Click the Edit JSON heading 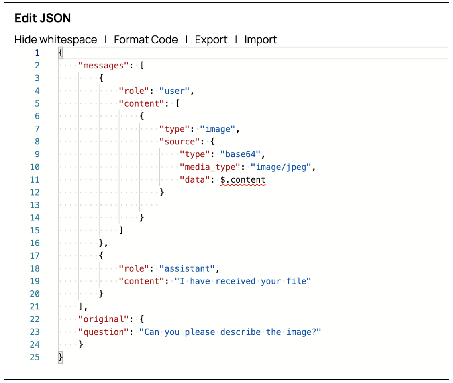[x=43, y=19]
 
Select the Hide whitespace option [x=56, y=40]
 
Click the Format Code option [x=146, y=40]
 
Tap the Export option [x=211, y=40]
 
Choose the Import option [x=261, y=40]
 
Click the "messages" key [x=103, y=65]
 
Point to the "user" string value [x=175, y=91]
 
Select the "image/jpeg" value [x=281, y=167]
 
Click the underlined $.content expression [x=243, y=180]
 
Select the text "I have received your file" [x=243, y=281]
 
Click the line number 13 [x=35, y=205]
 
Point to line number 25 [x=35, y=357]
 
